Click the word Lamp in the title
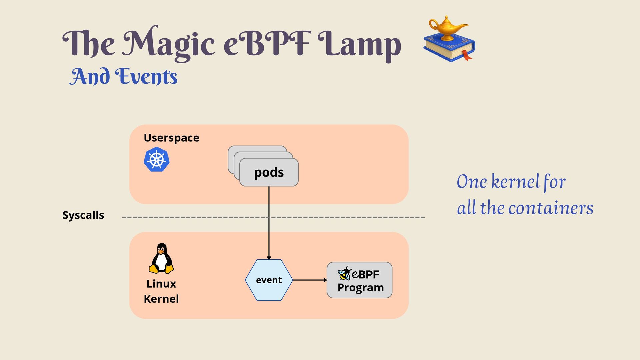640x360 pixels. (359, 45)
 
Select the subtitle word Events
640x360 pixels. (146, 76)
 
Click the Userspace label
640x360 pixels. (171, 138)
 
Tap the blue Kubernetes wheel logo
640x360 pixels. (157, 159)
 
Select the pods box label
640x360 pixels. (269, 172)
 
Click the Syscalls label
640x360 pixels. (83, 215)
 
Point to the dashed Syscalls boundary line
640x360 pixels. (273, 217)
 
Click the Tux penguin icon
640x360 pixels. (161, 258)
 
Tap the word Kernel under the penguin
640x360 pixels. (161, 299)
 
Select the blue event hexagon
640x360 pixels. (269, 280)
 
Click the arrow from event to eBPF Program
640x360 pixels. (310, 280)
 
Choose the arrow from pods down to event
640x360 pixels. (269, 223)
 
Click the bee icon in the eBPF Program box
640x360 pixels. (344, 273)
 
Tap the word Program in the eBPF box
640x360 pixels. (361, 288)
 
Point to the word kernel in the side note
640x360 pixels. (515, 182)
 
